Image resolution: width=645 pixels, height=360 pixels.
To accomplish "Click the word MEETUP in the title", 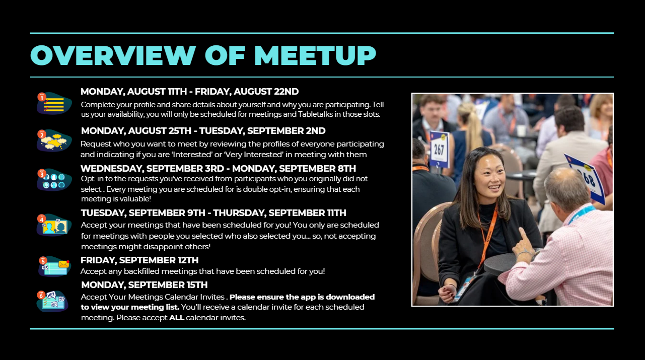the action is (x=315, y=55).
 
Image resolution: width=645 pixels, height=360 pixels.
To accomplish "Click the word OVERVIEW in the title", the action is (x=113, y=55).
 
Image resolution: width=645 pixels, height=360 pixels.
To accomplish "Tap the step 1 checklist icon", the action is (x=54, y=103).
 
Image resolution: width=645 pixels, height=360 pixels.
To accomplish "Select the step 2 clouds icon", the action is (x=54, y=140).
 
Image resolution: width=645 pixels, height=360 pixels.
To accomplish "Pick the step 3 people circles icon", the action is (x=54, y=179).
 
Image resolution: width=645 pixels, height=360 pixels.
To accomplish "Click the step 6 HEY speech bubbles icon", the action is (x=52, y=301).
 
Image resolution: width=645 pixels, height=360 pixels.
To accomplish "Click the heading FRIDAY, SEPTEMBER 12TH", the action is (x=139, y=260).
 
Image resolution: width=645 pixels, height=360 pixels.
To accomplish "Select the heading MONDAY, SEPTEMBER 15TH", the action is (x=145, y=284).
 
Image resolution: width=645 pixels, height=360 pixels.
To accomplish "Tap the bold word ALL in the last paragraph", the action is (x=177, y=318).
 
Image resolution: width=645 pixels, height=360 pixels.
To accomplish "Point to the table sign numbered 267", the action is (x=439, y=149).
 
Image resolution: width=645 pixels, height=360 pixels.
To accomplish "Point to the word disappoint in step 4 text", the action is (x=165, y=247).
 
